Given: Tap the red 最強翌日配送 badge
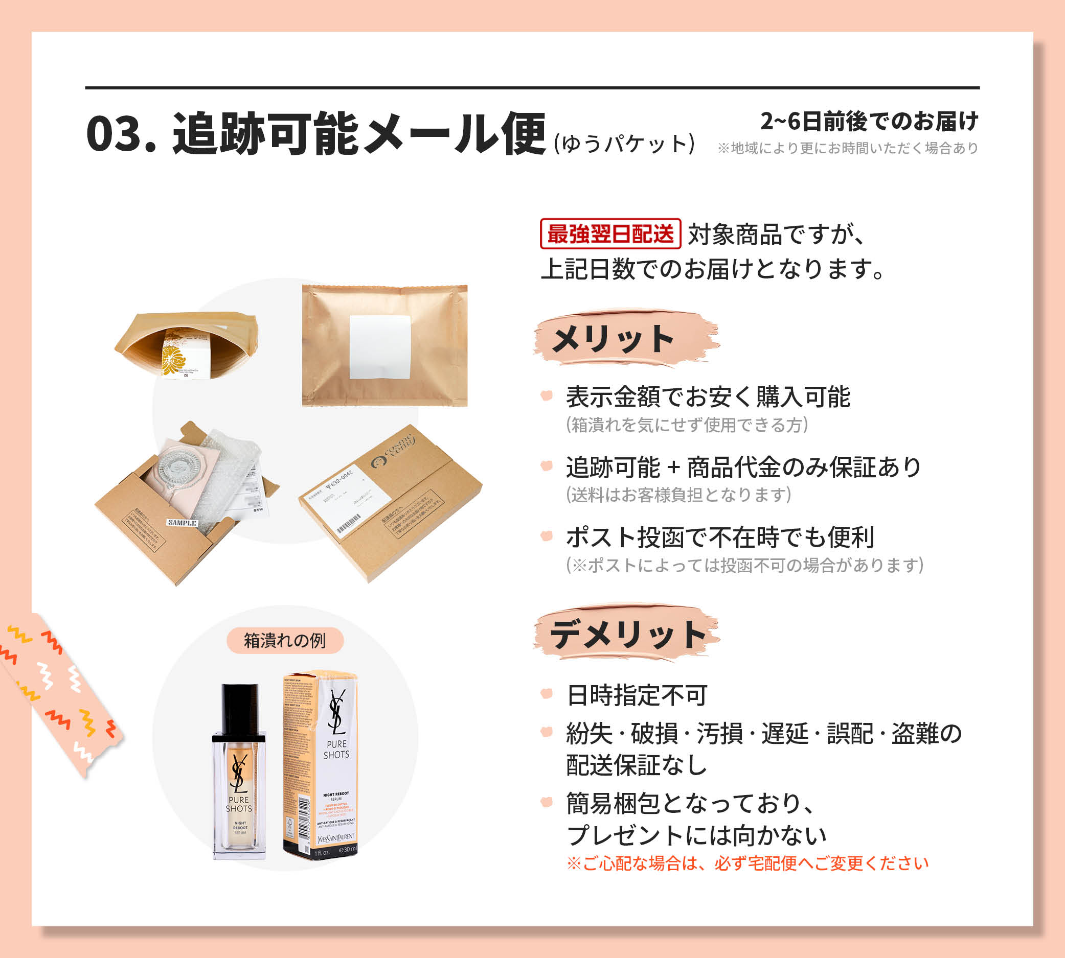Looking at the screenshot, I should [610, 233].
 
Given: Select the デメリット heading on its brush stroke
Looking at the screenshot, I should [627, 634].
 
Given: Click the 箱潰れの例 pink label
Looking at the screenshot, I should [285, 641].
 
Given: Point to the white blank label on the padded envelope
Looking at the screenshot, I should [380, 347].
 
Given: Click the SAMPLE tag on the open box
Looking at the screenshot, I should [182, 523].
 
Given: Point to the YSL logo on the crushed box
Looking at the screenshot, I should [336, 712].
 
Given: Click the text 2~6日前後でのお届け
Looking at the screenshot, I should [869, 122].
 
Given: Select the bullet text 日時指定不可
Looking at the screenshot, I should [637, 695].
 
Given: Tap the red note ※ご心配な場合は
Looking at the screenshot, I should [747, 864].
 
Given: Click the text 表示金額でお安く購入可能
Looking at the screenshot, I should [708, 397].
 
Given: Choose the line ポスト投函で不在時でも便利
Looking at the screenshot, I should [720, 538].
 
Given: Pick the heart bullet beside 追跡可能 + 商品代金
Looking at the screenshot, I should [547, 466].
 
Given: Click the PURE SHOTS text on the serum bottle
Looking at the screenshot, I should [239, 804].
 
